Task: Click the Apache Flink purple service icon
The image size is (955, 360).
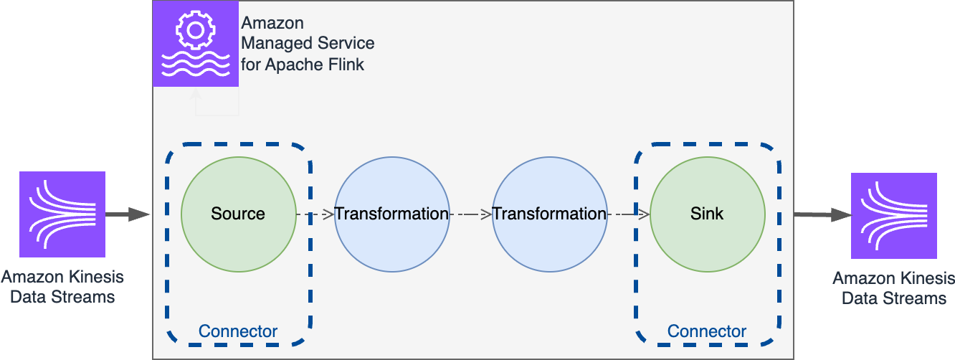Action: point(196,44)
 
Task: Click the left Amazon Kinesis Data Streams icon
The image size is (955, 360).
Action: point(62,214)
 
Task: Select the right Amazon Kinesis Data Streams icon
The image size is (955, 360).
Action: point(894,215)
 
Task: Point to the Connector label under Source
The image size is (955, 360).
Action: point(238,331)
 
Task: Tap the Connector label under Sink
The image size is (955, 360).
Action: point(707,331)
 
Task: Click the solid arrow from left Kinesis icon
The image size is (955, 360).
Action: point(127,214)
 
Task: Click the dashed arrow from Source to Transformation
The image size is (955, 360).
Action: point(315,214)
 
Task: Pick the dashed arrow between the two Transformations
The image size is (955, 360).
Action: point(471,214)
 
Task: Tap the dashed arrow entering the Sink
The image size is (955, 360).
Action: point(629,214)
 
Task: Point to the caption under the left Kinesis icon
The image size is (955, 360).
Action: point(62,287)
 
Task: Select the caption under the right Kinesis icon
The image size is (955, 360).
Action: point(894,288)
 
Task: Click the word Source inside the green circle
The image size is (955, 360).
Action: point(238,214)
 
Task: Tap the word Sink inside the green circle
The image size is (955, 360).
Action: point(707,214)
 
